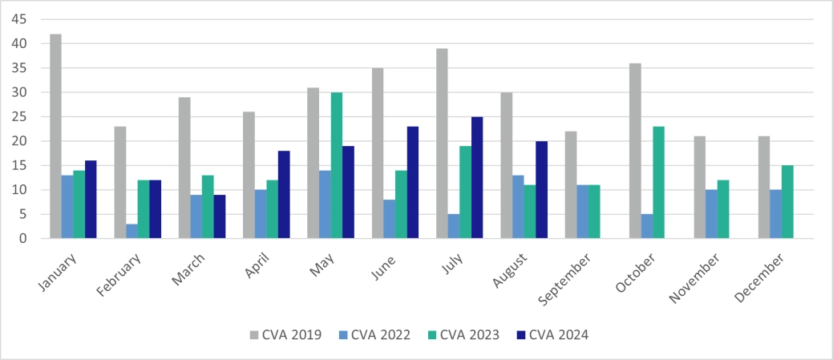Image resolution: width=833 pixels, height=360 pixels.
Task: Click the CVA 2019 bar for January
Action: pos(56,136)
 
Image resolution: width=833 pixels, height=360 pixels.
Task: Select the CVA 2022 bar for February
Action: pos(131,231)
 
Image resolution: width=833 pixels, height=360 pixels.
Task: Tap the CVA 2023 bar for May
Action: pos(337,165)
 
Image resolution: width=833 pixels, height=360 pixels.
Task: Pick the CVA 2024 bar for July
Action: pos(477,177)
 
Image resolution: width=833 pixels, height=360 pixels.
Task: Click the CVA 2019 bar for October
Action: pos(634,151)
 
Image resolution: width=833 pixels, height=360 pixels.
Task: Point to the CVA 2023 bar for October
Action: pos(658,182)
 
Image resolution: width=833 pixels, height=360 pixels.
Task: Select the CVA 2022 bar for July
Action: pos(454,226)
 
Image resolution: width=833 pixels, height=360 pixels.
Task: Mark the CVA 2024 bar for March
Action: pos(220,216)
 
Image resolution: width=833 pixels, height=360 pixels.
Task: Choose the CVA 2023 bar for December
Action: pos(787,202)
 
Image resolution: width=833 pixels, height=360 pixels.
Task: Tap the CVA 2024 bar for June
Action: pos(413,182)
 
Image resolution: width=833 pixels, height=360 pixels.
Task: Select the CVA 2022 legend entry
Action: pos(374,334)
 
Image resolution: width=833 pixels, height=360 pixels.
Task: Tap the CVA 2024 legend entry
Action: pos(552,334)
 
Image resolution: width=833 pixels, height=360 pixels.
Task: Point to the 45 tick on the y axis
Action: pos(21,19)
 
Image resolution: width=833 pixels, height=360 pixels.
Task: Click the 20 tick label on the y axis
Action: pos(21,141)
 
